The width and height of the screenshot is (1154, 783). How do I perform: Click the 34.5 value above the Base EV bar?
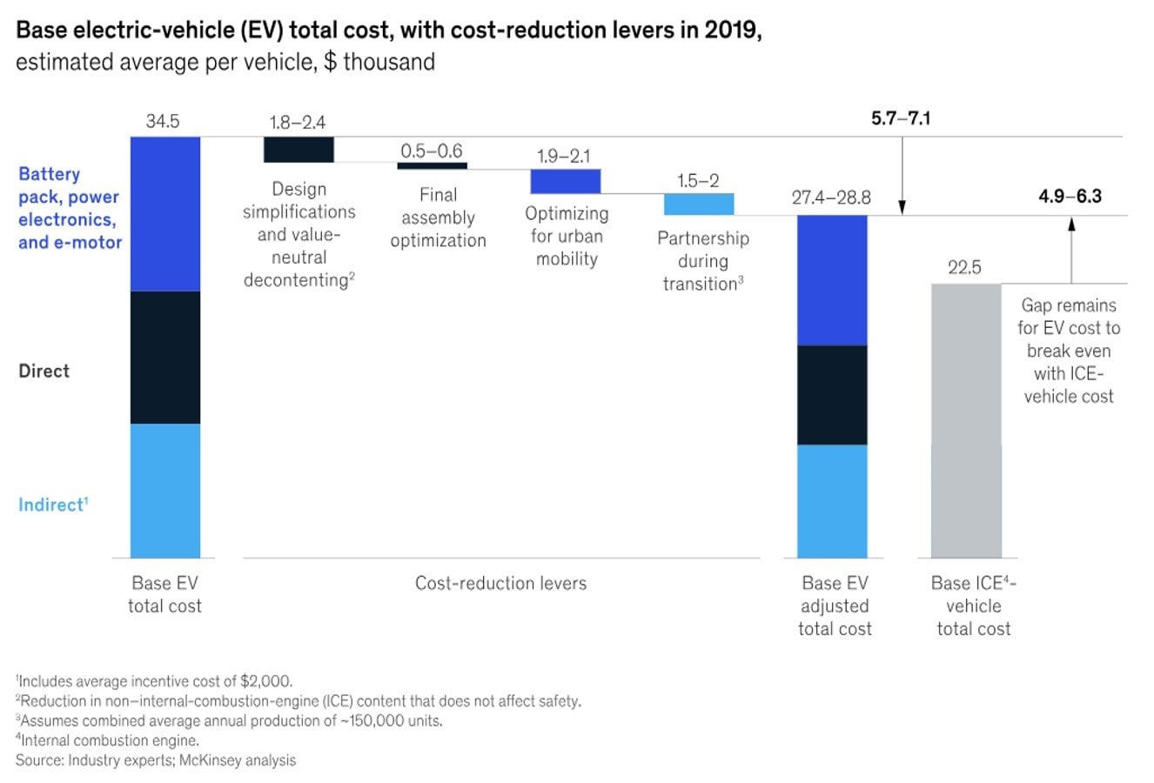[163, 122]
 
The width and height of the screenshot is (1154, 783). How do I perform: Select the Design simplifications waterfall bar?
[299, 150]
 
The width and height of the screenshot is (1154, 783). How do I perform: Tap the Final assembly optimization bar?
[433, 165]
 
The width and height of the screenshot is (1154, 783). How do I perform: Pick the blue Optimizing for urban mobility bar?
[566, 181]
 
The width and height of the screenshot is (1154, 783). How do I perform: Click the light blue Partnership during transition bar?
[699, 204]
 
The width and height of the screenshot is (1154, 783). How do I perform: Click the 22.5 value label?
[964, 268]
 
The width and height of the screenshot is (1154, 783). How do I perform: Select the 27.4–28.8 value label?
[831, 197]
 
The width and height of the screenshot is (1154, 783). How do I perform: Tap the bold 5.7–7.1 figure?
[901, 118]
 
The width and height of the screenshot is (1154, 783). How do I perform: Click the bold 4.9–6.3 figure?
[1070, 196]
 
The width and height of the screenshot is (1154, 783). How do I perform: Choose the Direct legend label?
[44, 371]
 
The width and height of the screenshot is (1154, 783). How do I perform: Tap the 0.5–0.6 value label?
[432, 151]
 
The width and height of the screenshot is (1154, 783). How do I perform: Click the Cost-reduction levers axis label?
[500, 583]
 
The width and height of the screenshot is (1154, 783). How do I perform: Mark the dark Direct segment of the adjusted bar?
[832, 395]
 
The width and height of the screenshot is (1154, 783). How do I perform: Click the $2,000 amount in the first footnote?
[266, 681]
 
